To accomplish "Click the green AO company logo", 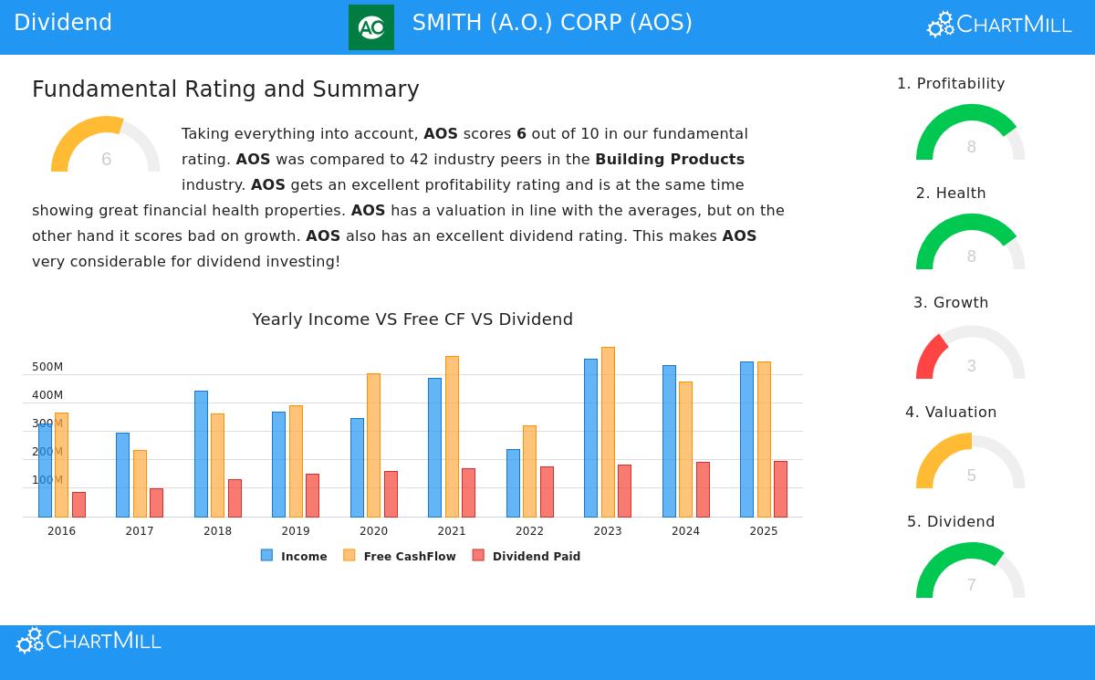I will coord(371,27).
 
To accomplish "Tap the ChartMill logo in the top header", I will coord(999,25).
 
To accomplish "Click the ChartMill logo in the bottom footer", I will coord(89,641).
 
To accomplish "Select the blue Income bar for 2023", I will coord(590,438).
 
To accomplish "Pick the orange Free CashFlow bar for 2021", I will coord(452,436).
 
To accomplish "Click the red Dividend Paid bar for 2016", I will coord(78,505).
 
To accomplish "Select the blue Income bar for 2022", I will coord(513,483).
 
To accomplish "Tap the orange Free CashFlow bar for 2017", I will coord(140,484).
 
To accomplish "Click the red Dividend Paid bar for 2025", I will coord(780,489).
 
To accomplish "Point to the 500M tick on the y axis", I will coord(47,367).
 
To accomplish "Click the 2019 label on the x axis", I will coord(296,531).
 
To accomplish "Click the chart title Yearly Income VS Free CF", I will coord(412,319).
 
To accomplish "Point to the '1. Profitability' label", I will coord(951,84).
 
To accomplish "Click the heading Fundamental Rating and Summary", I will coord(225,89).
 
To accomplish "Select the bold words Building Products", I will coord(670,160).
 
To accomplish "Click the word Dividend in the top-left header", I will coord(63,23).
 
